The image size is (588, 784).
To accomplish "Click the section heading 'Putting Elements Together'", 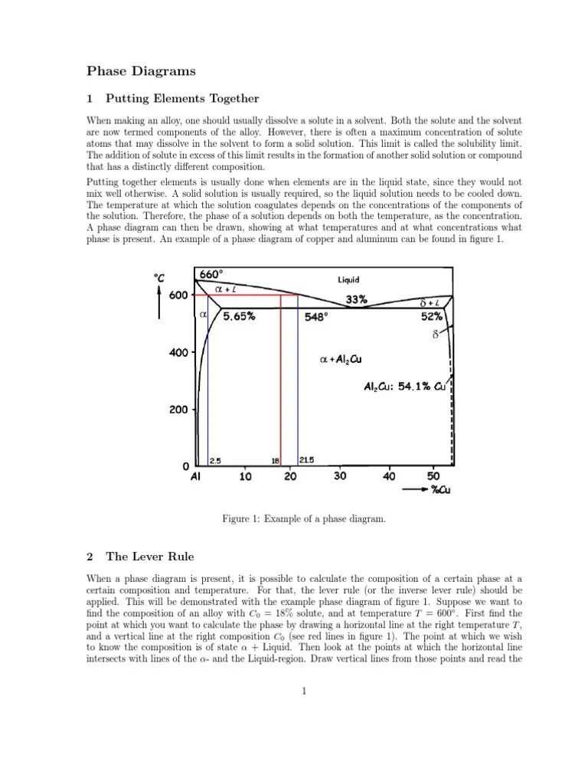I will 182,99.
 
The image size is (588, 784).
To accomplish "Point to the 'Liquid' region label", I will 353,280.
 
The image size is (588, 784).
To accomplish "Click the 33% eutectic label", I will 357,300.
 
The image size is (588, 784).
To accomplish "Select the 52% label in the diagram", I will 432,315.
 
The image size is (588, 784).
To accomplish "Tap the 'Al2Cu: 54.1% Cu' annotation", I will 406,387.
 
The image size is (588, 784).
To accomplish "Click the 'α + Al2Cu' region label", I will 339,358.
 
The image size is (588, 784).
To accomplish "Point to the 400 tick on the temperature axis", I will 178,353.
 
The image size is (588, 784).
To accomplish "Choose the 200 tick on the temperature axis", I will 178,410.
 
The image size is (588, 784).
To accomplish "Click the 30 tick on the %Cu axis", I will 340,476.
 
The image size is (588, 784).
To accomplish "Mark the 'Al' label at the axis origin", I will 196,476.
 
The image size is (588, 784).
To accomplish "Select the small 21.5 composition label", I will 306,460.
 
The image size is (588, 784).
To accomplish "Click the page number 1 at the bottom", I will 304,691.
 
